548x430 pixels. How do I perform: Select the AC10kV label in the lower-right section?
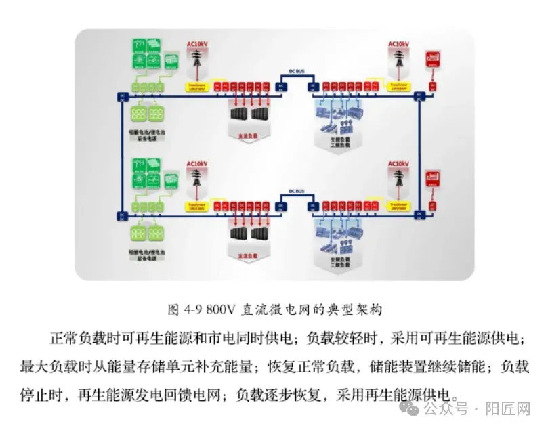[398, 164]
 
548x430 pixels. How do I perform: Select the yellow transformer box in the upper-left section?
[198, 87]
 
